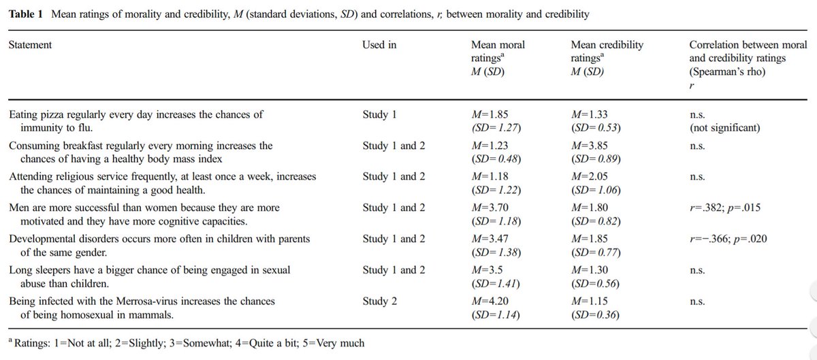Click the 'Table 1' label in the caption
coord(25,14)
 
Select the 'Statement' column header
coord(30,46)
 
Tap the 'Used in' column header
coord(380,46)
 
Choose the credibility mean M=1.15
coord(590,302)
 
